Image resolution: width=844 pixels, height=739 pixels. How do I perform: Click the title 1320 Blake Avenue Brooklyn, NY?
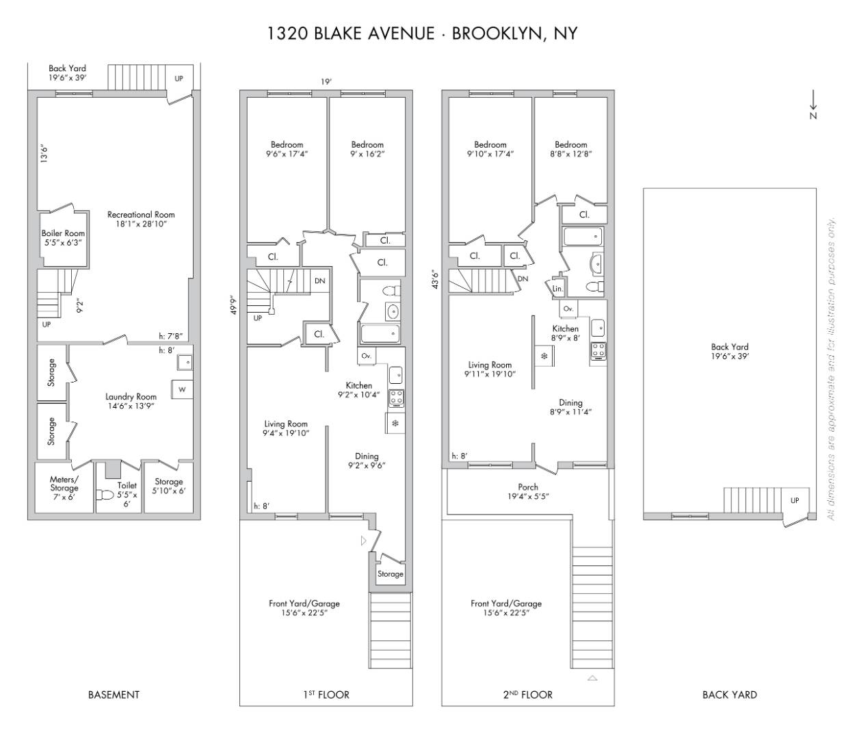(422, 33)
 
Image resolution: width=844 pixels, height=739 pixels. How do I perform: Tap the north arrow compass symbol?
(813, 104)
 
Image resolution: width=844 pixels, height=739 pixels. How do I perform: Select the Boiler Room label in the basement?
(63, 237)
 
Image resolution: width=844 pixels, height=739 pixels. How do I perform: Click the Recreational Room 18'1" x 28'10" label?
(141, 219)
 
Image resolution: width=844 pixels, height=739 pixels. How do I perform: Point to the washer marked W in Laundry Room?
(182, 389)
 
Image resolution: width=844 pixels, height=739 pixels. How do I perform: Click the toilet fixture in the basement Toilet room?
(105, 495)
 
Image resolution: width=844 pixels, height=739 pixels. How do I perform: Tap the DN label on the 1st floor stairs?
(319, 281)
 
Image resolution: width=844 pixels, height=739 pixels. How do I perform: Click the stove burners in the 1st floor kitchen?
(396, 398)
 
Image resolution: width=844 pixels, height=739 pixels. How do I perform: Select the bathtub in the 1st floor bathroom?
(379, 334)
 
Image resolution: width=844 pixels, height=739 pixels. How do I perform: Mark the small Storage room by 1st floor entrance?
(391, 574)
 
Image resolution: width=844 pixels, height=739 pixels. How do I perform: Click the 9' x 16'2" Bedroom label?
(367, 149)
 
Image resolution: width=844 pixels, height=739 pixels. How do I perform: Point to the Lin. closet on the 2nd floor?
(557, 289)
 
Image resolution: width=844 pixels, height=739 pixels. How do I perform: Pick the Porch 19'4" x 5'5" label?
(527, 492)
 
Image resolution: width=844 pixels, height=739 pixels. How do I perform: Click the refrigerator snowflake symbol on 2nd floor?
(544, 356)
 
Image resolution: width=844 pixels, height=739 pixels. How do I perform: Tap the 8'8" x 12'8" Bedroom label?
(570, 149)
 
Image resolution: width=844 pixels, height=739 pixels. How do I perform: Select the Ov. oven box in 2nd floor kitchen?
(568, 309)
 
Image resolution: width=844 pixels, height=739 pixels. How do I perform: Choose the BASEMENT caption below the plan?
(114, 695)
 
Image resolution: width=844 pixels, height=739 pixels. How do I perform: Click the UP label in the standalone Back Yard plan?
(794, 501)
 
